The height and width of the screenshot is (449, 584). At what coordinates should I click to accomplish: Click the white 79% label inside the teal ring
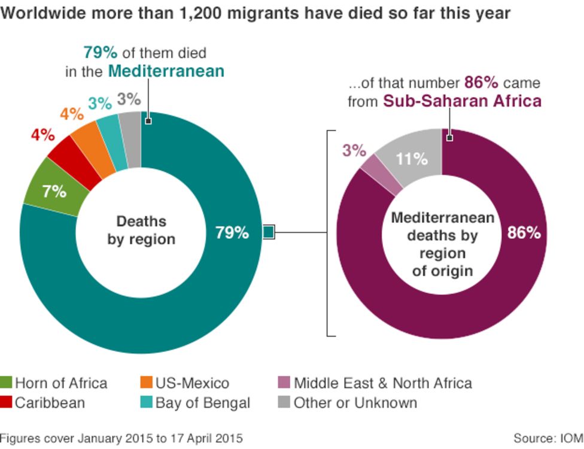click(232, 233)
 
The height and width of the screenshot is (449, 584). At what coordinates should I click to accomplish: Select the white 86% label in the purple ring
click(524, 233)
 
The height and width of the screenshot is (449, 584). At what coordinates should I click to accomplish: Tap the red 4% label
click(42, 135)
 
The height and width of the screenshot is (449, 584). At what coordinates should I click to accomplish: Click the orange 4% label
click(71, 114)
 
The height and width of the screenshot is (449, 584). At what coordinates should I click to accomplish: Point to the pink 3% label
click(354, 150)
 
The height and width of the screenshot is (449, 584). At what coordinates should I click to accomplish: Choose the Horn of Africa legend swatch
click(7, 383)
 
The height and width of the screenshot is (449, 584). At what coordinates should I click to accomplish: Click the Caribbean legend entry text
click(50, 403)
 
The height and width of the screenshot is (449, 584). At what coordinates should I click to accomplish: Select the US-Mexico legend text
click(193, 383)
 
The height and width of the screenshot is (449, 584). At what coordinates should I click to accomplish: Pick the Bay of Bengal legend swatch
click(147, 403)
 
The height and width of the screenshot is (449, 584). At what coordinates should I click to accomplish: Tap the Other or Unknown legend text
click(355, 403)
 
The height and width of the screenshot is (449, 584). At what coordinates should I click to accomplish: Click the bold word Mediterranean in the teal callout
click(166, 71)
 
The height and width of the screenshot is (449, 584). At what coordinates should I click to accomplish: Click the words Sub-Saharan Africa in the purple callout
click(462, 101)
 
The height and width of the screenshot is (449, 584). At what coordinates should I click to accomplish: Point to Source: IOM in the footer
click(548, 438)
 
